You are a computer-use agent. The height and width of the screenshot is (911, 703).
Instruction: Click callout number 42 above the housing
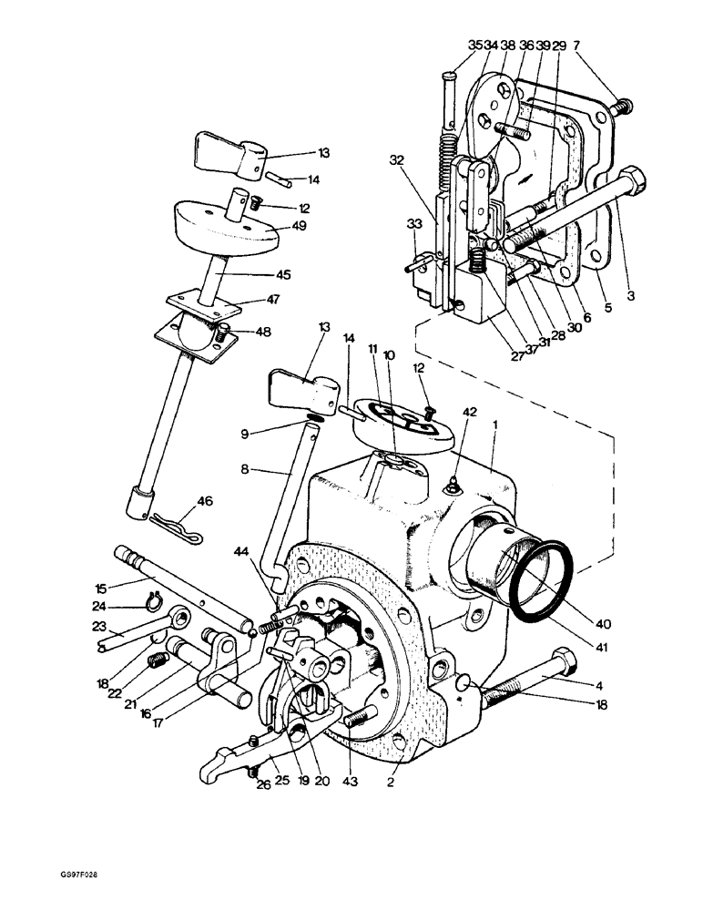(470, 411)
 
